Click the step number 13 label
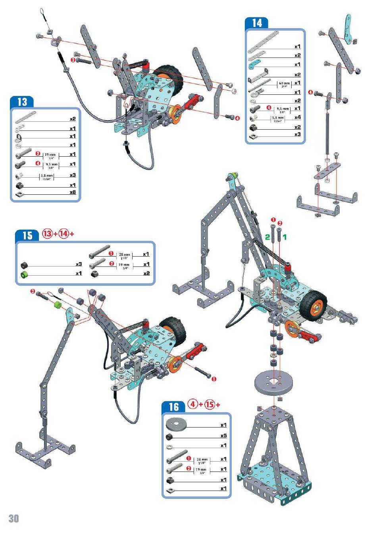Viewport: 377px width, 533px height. (22, 102)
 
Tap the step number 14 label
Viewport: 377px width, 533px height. (257, 23)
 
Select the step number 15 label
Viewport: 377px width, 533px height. (27, 236)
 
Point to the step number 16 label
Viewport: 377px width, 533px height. (174, 406)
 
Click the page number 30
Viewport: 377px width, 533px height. (13, 518)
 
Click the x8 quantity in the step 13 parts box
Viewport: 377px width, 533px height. (73, 192)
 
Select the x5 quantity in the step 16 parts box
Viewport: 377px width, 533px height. (223, 435)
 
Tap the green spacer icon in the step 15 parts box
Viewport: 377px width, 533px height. (24, 274)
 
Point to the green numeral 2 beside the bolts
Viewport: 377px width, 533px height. (267, 237)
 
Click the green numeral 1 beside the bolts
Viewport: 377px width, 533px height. (285, 237)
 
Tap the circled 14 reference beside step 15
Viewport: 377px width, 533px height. (63, 234)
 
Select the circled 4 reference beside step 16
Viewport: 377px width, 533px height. (193, 405)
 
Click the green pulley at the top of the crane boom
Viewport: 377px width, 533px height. (235, 175)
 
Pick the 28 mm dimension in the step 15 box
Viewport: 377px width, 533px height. (124, 255)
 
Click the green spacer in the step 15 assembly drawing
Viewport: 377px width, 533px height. (58, 305)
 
